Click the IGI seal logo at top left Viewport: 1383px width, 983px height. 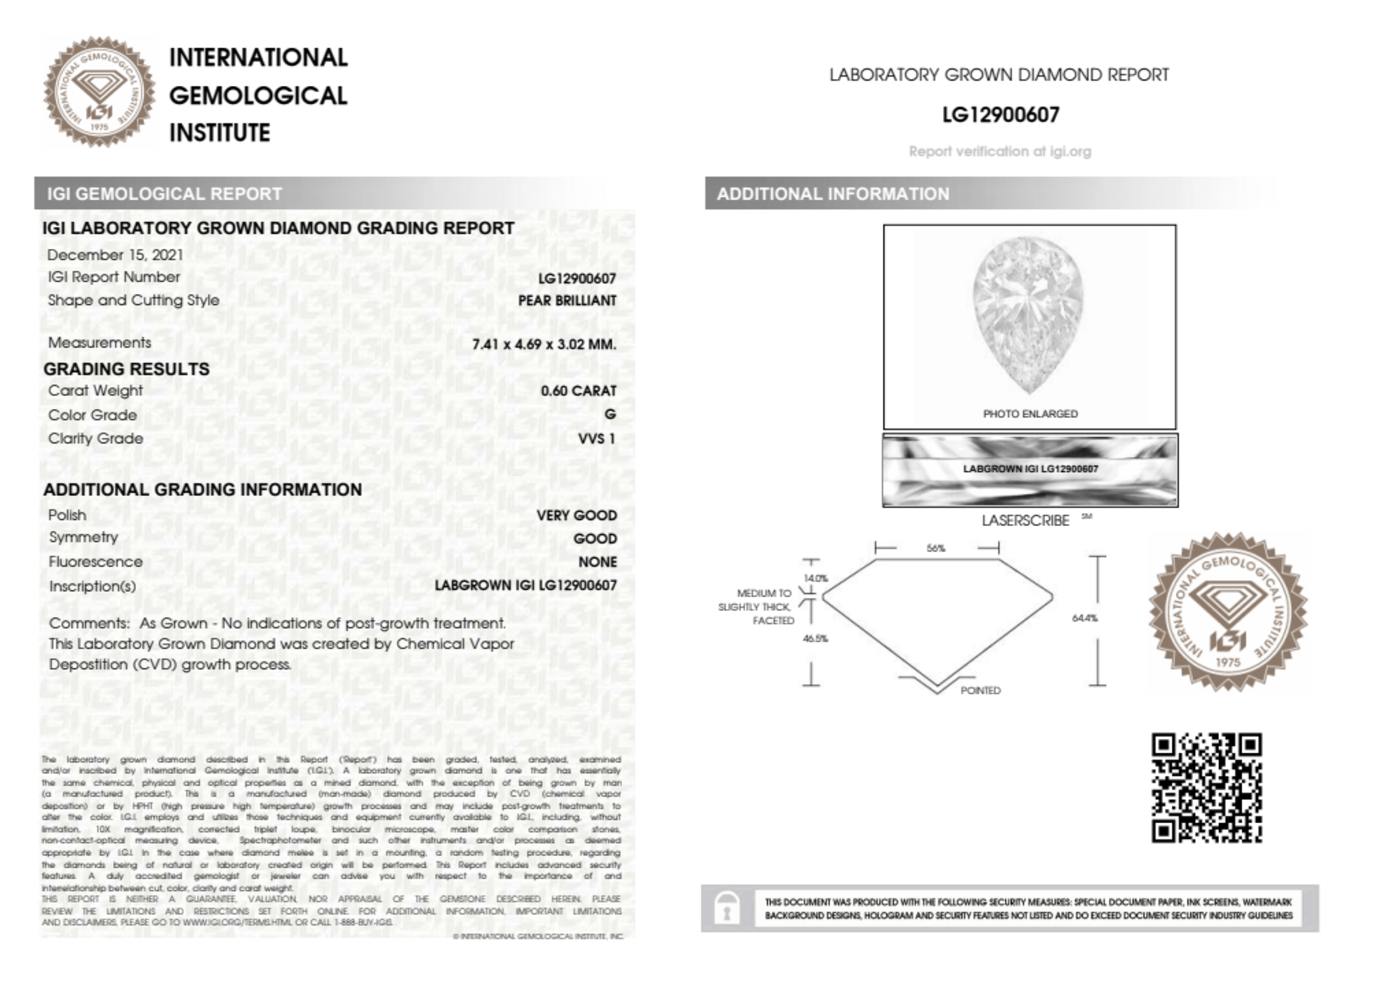click(100, 92)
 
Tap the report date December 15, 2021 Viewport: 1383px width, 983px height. click(115, 255)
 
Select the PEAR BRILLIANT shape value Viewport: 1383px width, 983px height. click(567, 301)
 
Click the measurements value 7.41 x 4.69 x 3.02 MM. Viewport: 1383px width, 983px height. click(544, 344)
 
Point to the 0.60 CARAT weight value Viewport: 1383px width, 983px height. click(578, 391)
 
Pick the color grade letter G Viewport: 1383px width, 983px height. click(610, 414)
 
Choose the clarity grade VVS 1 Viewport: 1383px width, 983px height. click(596, 439)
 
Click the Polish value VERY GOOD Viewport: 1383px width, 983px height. click(576, 516)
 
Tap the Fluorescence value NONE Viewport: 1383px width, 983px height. click(597, 562)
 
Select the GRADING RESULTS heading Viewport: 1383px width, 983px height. click(126, 369)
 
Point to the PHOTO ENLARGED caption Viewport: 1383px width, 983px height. click(1030, 414)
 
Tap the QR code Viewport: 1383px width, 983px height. click(1206, 788)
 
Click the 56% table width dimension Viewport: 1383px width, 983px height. click(936, 548)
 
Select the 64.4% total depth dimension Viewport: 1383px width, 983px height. click(1084, 618)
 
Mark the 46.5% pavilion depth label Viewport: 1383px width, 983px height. click(815, 639)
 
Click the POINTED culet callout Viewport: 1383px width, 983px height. click(980, 691)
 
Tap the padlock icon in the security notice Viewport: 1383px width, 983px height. click(726, 908)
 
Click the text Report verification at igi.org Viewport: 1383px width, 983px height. click(999, 151)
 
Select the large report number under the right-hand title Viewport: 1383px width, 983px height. click(1000, 115)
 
